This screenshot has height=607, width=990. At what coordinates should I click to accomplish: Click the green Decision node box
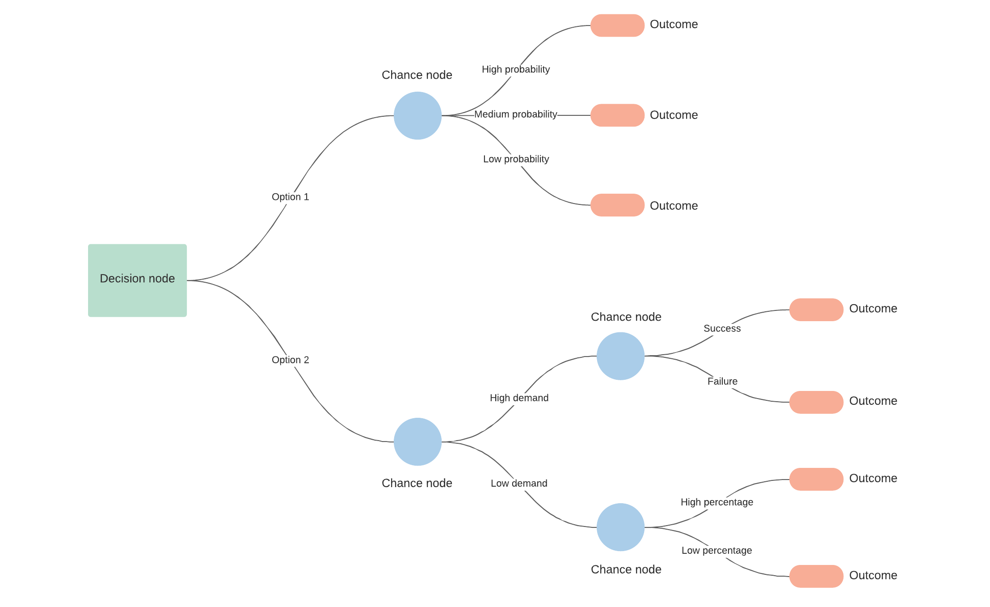pos(137,280)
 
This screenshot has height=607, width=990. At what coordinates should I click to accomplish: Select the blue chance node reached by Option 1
pos(417,115)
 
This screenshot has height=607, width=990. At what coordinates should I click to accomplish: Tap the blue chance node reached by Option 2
pos(417,441)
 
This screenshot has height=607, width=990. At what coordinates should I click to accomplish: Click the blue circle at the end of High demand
pos(620,356)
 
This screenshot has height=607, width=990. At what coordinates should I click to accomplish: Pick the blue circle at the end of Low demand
pos(620,527)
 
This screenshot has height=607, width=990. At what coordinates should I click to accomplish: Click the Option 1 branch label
pos(290,197)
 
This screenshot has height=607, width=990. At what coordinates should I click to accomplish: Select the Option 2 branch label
pos(290,360)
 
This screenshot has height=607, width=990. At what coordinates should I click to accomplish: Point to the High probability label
pos(515,69)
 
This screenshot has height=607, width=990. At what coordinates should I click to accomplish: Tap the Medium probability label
pos(515,115)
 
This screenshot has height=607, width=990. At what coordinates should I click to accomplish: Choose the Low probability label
pos(516,159)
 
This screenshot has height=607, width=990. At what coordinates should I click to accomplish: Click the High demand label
pos(519,398)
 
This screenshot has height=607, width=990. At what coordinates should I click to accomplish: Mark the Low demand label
pos(519,483)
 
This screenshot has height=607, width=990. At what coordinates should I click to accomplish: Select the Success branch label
pos(722,328)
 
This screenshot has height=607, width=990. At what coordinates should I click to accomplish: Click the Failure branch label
pos(722,381)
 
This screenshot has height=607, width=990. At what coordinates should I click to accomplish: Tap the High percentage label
pos(716,502)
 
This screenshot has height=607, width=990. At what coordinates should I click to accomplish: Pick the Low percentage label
pos(716,550)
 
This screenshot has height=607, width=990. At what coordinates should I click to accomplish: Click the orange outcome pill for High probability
pos(617,25)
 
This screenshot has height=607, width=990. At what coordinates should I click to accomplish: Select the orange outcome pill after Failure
pos(816,402)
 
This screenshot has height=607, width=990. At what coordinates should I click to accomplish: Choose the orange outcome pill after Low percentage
pos(816,576)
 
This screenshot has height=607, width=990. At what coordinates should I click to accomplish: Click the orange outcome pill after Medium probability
pos(617,115)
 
